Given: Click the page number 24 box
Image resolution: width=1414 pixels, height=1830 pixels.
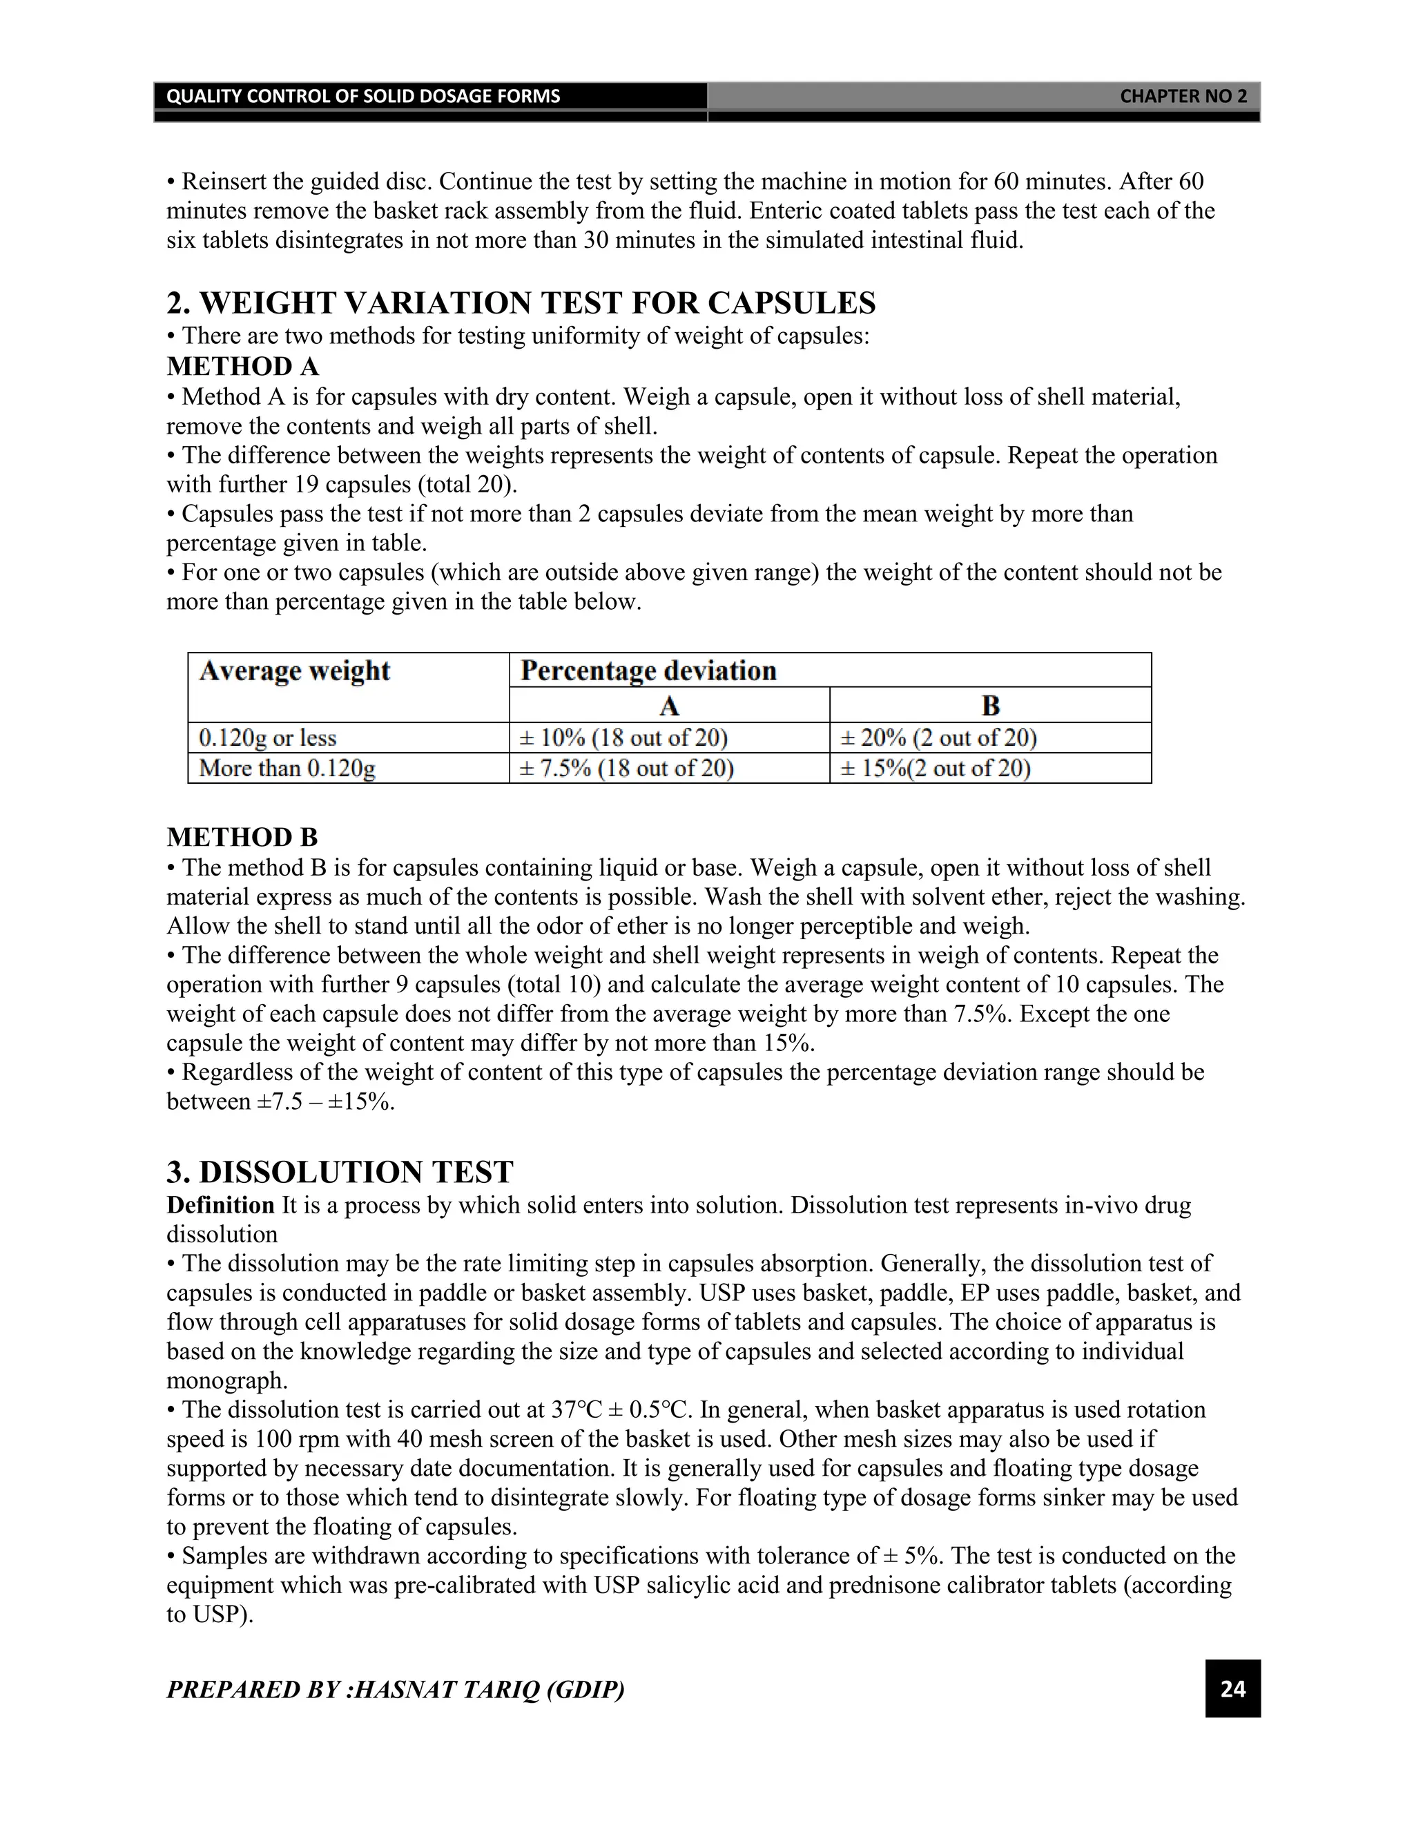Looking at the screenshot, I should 1232,1688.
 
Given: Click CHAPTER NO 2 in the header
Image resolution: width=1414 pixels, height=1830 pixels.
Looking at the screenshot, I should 1183,97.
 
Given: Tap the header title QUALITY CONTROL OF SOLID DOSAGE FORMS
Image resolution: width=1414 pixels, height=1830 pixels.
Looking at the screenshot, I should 362,97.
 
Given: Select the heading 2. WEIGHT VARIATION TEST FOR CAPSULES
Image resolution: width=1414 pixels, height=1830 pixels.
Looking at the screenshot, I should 521,302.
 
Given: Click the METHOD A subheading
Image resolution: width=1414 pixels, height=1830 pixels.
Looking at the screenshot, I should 242,366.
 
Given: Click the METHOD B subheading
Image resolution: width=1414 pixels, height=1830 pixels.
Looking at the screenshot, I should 242,837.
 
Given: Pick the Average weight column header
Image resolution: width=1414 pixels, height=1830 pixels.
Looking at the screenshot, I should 295,671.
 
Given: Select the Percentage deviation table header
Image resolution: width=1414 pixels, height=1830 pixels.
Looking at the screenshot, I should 648,671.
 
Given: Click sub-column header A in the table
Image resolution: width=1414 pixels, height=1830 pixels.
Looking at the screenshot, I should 668,706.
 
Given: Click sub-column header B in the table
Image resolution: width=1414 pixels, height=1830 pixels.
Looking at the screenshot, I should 990,706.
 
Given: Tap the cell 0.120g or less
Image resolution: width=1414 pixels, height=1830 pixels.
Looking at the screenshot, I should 267,738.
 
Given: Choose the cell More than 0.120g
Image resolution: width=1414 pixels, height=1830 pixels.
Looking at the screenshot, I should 287,769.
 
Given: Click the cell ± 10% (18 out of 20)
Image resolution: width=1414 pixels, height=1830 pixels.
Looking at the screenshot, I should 624,738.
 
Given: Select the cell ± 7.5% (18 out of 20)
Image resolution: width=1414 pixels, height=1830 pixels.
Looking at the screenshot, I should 627,769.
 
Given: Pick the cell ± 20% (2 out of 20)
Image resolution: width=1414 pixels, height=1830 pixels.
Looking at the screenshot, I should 938,738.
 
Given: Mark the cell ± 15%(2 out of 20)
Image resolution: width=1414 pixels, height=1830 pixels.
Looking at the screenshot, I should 935,769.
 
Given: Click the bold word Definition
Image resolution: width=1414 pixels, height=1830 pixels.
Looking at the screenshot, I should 220,1206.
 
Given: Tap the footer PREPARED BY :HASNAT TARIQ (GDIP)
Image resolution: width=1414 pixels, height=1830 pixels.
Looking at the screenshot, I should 396,1689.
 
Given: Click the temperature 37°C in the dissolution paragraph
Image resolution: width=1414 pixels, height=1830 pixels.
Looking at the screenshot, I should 577,1410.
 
